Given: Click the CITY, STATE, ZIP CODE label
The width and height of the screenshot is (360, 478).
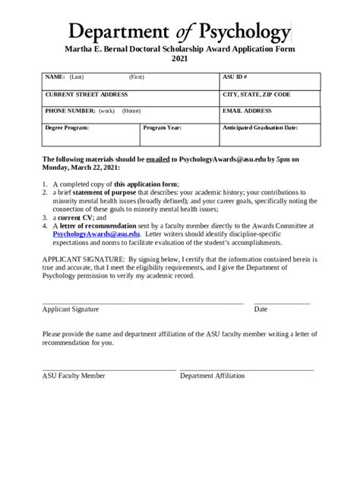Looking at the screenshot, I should tap(256, 94).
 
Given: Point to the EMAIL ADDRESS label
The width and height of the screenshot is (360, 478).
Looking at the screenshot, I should tap(247, 111).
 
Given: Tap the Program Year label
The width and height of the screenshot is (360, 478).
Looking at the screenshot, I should tap(163, 128).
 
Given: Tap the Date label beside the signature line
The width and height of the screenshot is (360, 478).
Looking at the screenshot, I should tap(261, 309).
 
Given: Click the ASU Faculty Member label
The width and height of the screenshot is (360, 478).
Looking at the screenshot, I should tap(74, 375).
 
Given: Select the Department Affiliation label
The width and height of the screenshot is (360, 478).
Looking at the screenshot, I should tap(212, 375).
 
